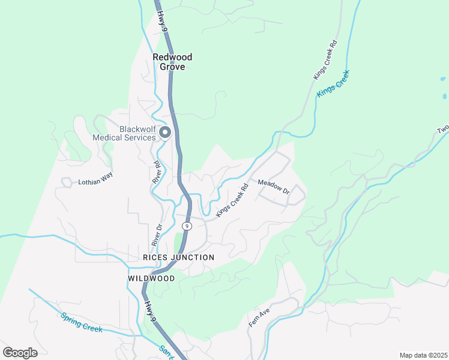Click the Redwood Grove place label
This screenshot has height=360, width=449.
click(172, 62)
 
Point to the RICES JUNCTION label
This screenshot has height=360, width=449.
click(178, 257)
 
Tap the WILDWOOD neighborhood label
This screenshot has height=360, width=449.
click(151, 279)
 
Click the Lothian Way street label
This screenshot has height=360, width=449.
click(95, 181)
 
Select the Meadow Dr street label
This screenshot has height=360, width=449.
click(274, 187)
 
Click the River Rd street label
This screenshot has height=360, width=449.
click(157, 172)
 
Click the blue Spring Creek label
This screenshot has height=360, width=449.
click(81, 322)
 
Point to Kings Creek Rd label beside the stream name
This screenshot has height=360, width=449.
click(326, 60)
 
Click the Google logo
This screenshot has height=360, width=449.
click(20, 353)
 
